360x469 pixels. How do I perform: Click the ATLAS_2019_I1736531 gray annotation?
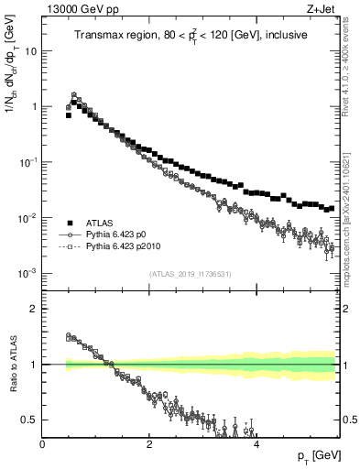190,275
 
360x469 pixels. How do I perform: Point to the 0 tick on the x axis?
43,444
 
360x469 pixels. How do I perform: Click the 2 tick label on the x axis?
149,444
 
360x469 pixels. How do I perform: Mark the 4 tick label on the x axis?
256,444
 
